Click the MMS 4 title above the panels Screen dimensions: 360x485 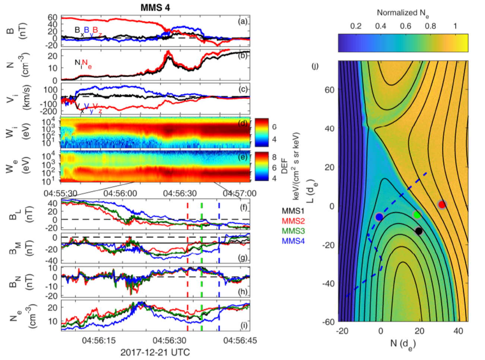(x=155, y=7)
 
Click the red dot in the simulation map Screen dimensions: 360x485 (x=442, y=204)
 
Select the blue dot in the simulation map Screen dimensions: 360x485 (x=379, y=217)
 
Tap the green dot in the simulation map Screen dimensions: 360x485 (x=417, y=215)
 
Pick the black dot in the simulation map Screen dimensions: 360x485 (x=419, y=231)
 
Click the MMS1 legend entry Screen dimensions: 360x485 (x=293, y=211)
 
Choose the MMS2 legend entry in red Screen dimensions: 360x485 (x=293, y=221)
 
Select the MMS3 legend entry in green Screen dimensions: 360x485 (x=293, y=231)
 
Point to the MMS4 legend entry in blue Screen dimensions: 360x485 (x=293, y=241)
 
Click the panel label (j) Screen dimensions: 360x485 (x=315, y=67)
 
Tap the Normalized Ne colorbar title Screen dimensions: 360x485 (x=403, y=13)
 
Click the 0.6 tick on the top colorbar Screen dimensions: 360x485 (x=406, y=26)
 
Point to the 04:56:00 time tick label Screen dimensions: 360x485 (x=121, y=193)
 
